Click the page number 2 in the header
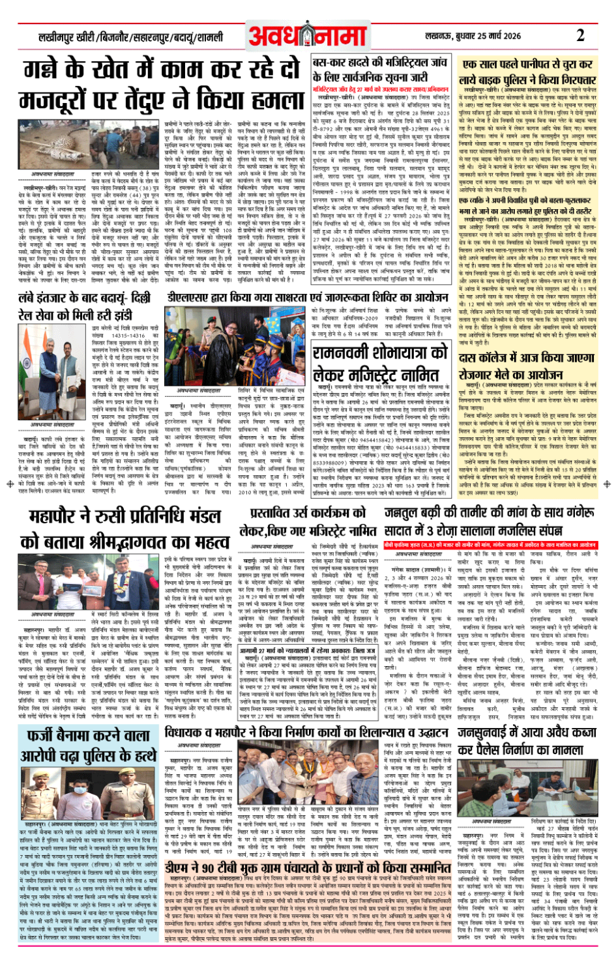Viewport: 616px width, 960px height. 579,35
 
